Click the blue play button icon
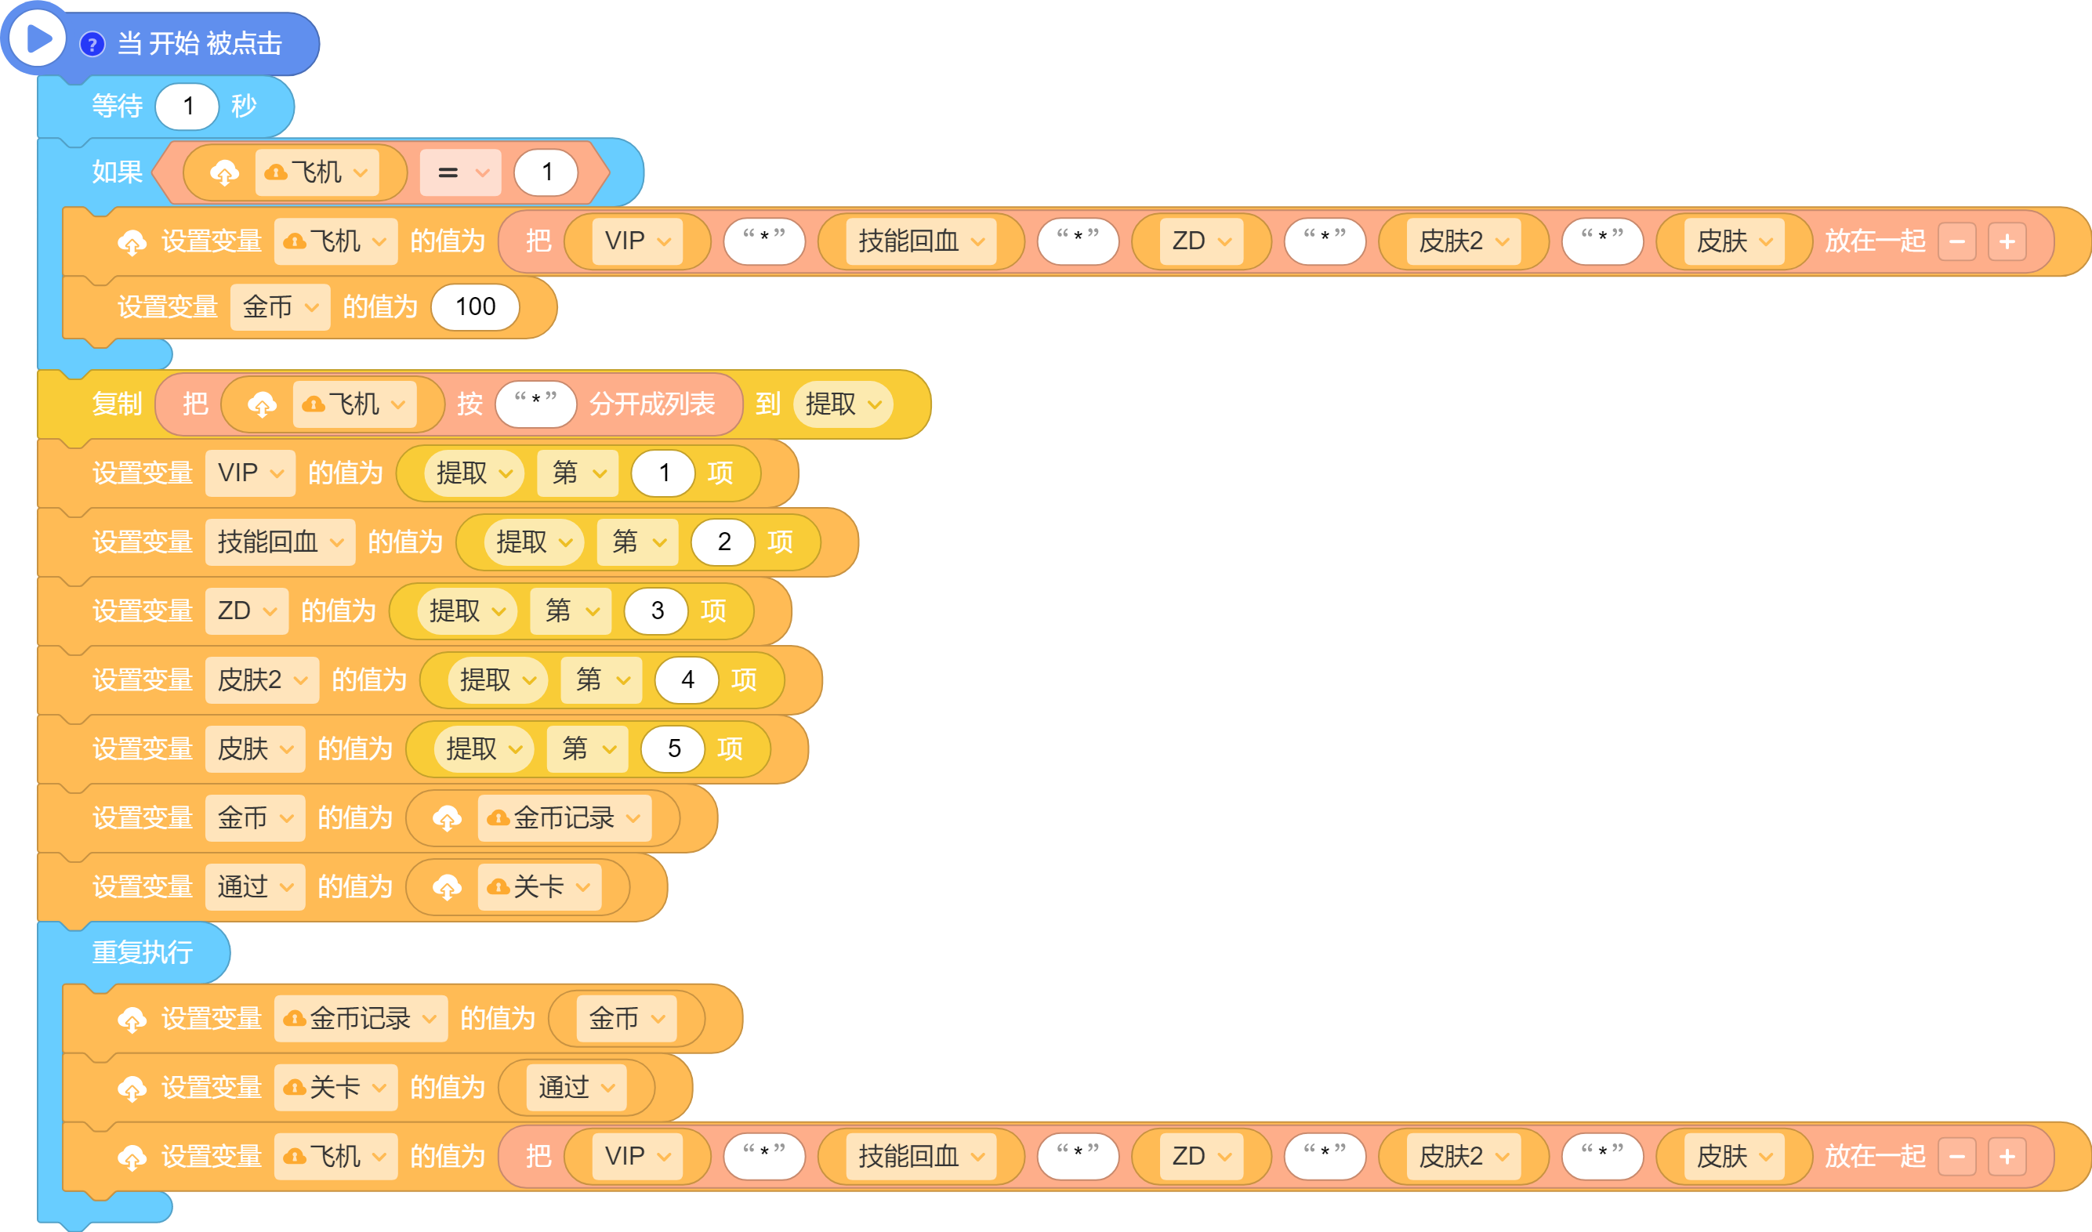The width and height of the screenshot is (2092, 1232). coord(38,38)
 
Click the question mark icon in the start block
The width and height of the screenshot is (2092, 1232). coord(92,44)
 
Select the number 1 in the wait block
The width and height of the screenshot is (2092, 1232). coord(187,107)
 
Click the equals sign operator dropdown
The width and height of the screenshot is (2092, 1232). coord(461,172)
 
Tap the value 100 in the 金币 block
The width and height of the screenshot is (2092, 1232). coord(476,307)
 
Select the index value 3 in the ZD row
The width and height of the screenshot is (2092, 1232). coord(657,611)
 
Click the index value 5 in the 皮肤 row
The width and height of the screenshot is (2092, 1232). coord(674,748)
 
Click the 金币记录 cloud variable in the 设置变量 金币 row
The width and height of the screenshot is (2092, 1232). coord(564,818)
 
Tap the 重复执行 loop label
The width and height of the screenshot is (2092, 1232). coord(142,952)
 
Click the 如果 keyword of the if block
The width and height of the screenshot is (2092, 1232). coord(117,172)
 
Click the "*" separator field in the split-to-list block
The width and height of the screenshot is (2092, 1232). coord(535,404)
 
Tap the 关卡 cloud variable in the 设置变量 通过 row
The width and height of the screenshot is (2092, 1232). coord(539,887)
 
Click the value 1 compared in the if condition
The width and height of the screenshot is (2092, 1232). coord(546,172)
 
